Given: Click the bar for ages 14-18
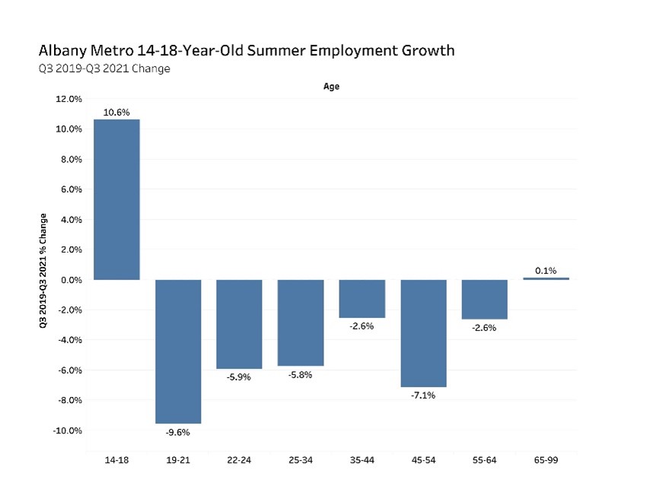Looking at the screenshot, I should click(116, 199).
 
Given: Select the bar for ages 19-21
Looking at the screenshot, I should click(178, 351).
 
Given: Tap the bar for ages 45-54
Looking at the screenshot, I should click(423, 333).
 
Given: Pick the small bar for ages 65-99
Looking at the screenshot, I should click(546, 278).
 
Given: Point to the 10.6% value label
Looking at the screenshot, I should click(116, 113).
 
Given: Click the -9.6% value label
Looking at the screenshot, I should click(178, 433).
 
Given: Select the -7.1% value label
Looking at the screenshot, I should click(423, 396).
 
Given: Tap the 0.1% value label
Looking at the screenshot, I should click(546, 270).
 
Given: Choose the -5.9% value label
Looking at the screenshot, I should click(239, 377).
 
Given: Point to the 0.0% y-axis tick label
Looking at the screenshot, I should click(71, 280).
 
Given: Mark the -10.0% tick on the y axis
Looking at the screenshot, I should click(67, 431).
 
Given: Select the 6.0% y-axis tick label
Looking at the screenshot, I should click(71, 189).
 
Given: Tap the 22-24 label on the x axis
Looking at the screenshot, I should click(239, 459).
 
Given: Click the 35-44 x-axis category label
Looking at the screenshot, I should click(362, 459).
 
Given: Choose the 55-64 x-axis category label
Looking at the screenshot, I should click(484, 459).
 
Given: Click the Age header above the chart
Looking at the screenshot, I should click(331, 87).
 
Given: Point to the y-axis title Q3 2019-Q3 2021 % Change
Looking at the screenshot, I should click(43, 270).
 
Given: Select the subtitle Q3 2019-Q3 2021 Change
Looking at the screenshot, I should click(104, 68).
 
